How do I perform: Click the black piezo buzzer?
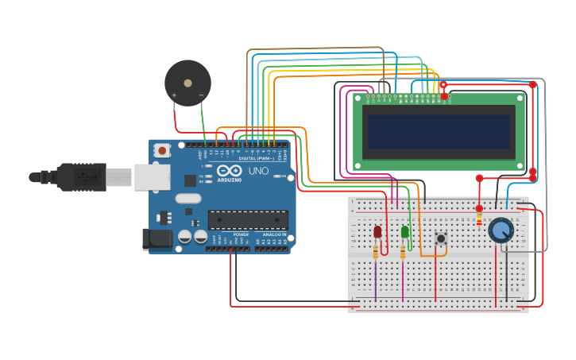click(x=187, y=82)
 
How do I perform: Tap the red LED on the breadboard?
click(x=377, y=232)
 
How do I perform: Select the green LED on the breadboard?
click(x=405, y=232)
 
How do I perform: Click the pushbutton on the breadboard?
click(x=440, y=238)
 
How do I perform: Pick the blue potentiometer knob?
click(x=501, y=230)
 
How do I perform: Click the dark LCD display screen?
click(x=438, y=132)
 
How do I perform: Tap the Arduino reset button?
click(x=162, y=149)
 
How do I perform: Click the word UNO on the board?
click(x=258, y=171)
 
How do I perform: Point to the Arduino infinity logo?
click(x=229, y=170)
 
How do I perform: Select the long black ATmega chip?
click(x=248, y=219)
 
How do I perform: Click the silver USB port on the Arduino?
click(x=152, y=177)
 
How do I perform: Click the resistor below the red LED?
click(x=376, y=252)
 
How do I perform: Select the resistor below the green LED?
click(x=403, y=252)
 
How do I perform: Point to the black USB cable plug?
click(x=79, y=177)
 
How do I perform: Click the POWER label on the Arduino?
click(x=241, y=235)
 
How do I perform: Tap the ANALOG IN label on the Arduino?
click(x=274, y=235)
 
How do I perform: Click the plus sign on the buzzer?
click(x=174, y=95)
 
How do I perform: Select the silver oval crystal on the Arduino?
click(x=188, y=199)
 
